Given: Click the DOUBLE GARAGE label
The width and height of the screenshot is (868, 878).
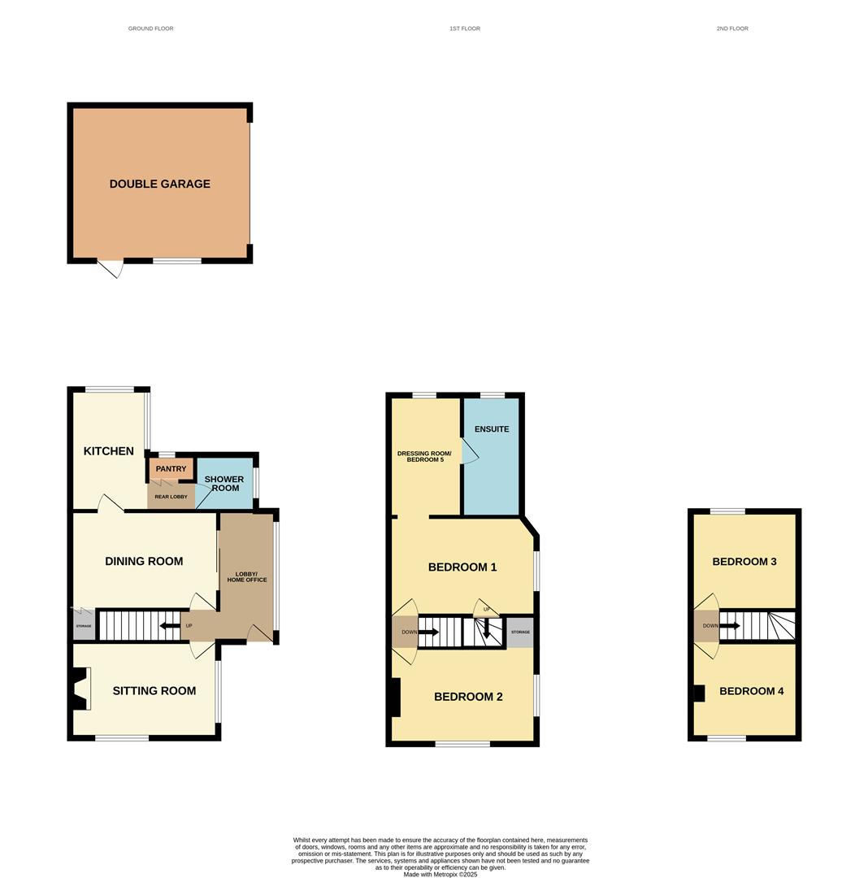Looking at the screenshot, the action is click(x=159, y=184).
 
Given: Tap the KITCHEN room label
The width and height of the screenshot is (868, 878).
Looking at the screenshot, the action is click(x=109, y=450).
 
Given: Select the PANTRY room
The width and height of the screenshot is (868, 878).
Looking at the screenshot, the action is click(x=171, y=469).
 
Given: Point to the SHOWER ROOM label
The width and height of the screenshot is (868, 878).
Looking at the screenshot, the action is click(x=224, y=483).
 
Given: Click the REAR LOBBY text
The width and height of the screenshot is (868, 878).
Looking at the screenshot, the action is click(x=171, y=497).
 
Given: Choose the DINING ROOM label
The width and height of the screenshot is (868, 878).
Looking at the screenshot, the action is click(x=144, y=561).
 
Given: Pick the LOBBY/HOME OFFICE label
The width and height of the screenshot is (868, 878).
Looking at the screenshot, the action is click(x=247, y=576).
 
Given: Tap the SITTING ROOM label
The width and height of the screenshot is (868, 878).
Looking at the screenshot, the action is click(x=154, y=690).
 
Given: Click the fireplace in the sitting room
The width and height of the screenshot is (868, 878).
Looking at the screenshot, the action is click(x=80, y=689).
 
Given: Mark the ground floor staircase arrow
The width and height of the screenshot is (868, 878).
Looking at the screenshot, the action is click(x=170, y=625).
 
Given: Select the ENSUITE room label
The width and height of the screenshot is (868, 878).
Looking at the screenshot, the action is click(x=492, y=429).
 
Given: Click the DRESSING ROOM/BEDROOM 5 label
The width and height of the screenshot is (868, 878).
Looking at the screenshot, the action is click(x=424, y=456).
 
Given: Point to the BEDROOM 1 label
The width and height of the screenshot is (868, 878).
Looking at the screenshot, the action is click(x=462, y=567).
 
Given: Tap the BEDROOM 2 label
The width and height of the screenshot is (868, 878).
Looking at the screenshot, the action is click(x=468, y=697).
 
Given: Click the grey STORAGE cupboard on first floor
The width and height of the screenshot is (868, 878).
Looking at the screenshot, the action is click(x=520, y=632).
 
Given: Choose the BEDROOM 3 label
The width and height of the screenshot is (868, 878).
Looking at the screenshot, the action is click(x=744, y=562).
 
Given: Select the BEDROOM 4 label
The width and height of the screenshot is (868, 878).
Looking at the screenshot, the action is click(x=751, y=691).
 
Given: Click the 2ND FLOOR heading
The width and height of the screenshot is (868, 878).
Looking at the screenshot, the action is click(x=732, y=28).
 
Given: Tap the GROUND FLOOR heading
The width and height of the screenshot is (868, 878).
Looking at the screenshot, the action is click(x=150, y=28).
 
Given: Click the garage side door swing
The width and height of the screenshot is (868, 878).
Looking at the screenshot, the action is click(x=111, y=269).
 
